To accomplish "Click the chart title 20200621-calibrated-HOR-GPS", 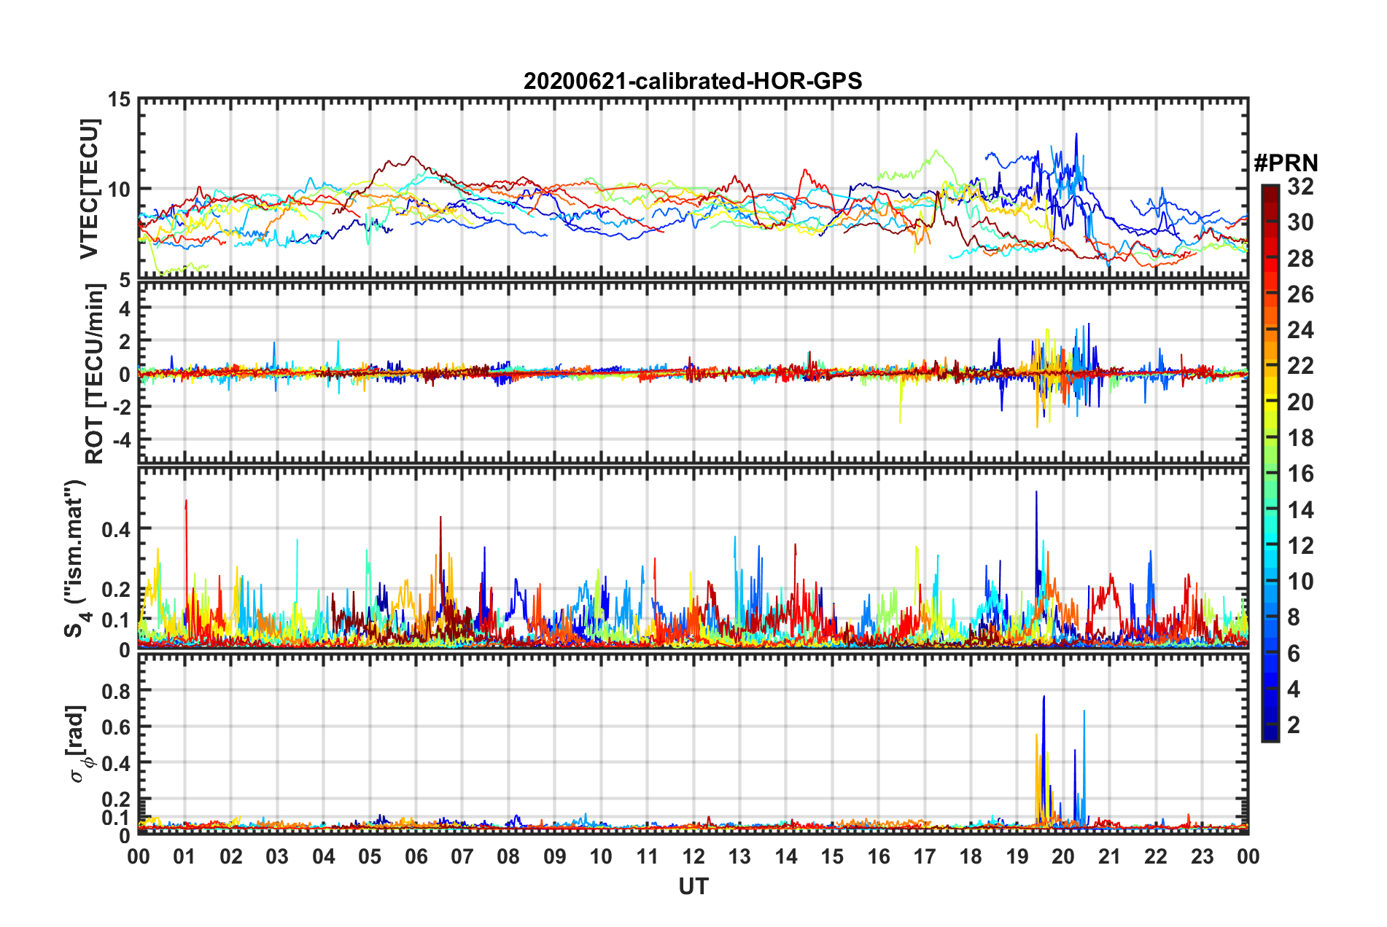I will (693, 81).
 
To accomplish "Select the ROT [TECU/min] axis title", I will (95, 374).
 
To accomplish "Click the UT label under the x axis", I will (693, 886).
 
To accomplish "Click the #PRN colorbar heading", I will (1286, 163).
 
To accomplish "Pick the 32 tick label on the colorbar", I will (1300, 187).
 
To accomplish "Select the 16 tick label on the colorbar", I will (1300, 474).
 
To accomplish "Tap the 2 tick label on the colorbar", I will (1294, 724).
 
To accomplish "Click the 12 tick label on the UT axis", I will (693, 856).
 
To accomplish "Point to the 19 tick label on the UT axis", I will (1017, 856).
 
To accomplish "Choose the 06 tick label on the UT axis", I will (416, 856).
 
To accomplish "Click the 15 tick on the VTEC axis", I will (120, 99).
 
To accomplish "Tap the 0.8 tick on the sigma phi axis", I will (117, 690).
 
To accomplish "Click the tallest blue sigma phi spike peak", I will (1044, 697).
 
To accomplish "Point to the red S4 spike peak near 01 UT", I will (186, 501).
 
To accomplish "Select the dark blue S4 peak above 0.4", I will (1036, 492).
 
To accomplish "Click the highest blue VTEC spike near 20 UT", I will (1076, 134).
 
